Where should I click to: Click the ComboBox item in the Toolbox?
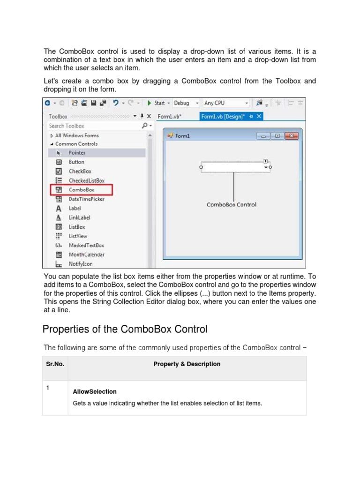click(81, 190)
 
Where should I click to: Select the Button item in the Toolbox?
click(76, 162)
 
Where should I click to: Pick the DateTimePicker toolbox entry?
click(86, 199)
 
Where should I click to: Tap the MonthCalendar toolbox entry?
click(86, 255)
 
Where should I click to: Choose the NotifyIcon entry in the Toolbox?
click(81, 264)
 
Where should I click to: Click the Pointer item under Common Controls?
click(77, 153)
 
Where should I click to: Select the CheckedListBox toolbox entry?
click(86, 180)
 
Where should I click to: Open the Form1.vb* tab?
click(169, 116)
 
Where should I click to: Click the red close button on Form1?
click(292, 136)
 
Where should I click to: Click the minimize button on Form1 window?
click(264, 136)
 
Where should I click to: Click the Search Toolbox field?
click(94, 126)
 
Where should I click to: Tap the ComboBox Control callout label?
click(232, 204)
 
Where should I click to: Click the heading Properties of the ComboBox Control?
click(125, 329)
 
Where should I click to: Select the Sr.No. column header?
click(55, 364)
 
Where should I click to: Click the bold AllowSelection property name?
click(95, 391)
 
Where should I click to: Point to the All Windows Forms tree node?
click(76, 135)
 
